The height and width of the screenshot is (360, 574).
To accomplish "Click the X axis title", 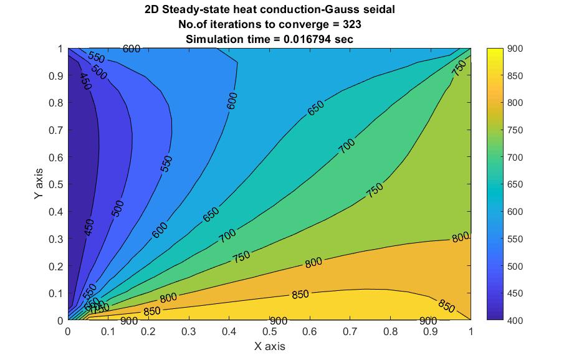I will click(x=269, y=345).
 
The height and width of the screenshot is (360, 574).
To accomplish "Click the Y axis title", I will click(x=39, y=184).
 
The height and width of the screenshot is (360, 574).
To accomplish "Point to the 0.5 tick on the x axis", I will click(x=269, y=332).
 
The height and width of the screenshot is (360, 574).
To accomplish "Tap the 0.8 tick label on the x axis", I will click(x=390, y=332).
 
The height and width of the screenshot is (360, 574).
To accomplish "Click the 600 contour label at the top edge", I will click(x=132, y=49).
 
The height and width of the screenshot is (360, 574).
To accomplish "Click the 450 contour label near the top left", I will click(x=85, y=82).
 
